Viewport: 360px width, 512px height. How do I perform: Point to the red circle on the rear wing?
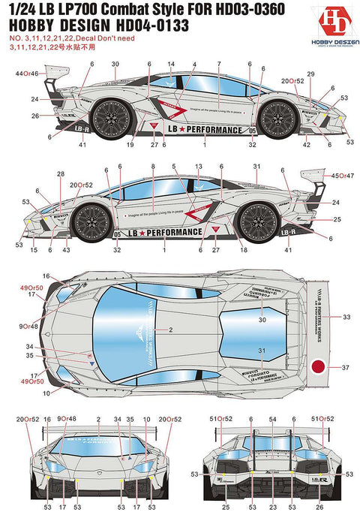(318, 367)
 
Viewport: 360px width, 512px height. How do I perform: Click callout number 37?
(346, 367)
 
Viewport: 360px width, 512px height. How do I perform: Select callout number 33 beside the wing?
(346, 318)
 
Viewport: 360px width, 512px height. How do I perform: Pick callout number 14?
(170, 64)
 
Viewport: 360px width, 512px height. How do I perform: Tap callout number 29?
(310, 73)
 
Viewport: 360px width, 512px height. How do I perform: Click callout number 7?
(218, 64)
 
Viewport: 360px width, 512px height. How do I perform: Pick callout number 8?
(152, 166)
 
